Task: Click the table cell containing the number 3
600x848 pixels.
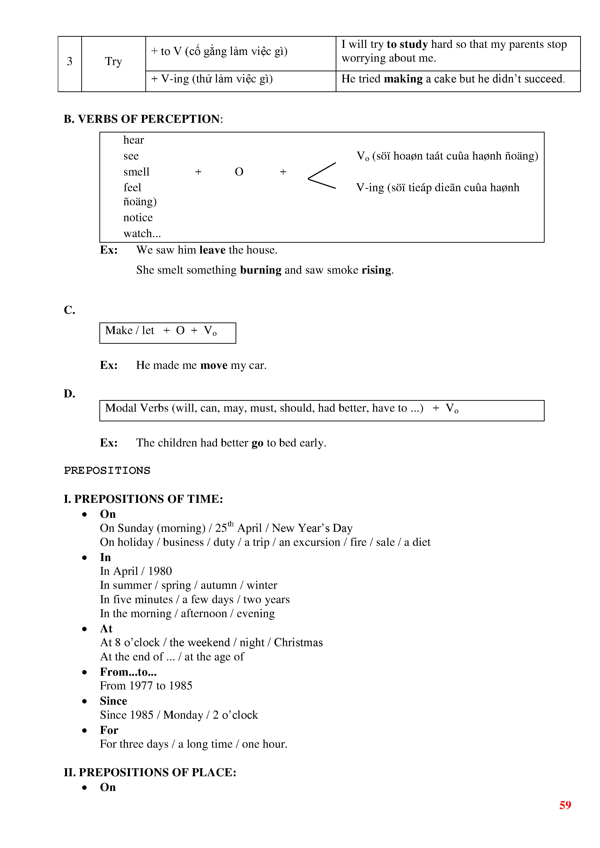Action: pos(69,61)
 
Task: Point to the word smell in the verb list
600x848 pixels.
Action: pos(136,172)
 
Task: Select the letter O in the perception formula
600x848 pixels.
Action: pos(239,172)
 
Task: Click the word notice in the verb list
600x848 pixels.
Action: pos(138,218)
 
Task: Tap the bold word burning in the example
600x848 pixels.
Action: pos(260,270)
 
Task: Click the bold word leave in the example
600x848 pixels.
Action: pos(212,250)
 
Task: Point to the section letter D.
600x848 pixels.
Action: pos(69,394)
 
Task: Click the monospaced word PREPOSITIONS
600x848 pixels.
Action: pos(107,471)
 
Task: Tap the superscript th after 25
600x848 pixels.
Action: pos(230,524)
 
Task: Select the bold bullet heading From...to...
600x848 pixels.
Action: pos(128,672)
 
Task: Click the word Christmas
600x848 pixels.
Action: pos(298,643)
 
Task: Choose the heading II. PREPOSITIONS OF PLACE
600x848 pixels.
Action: pos(150,772)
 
